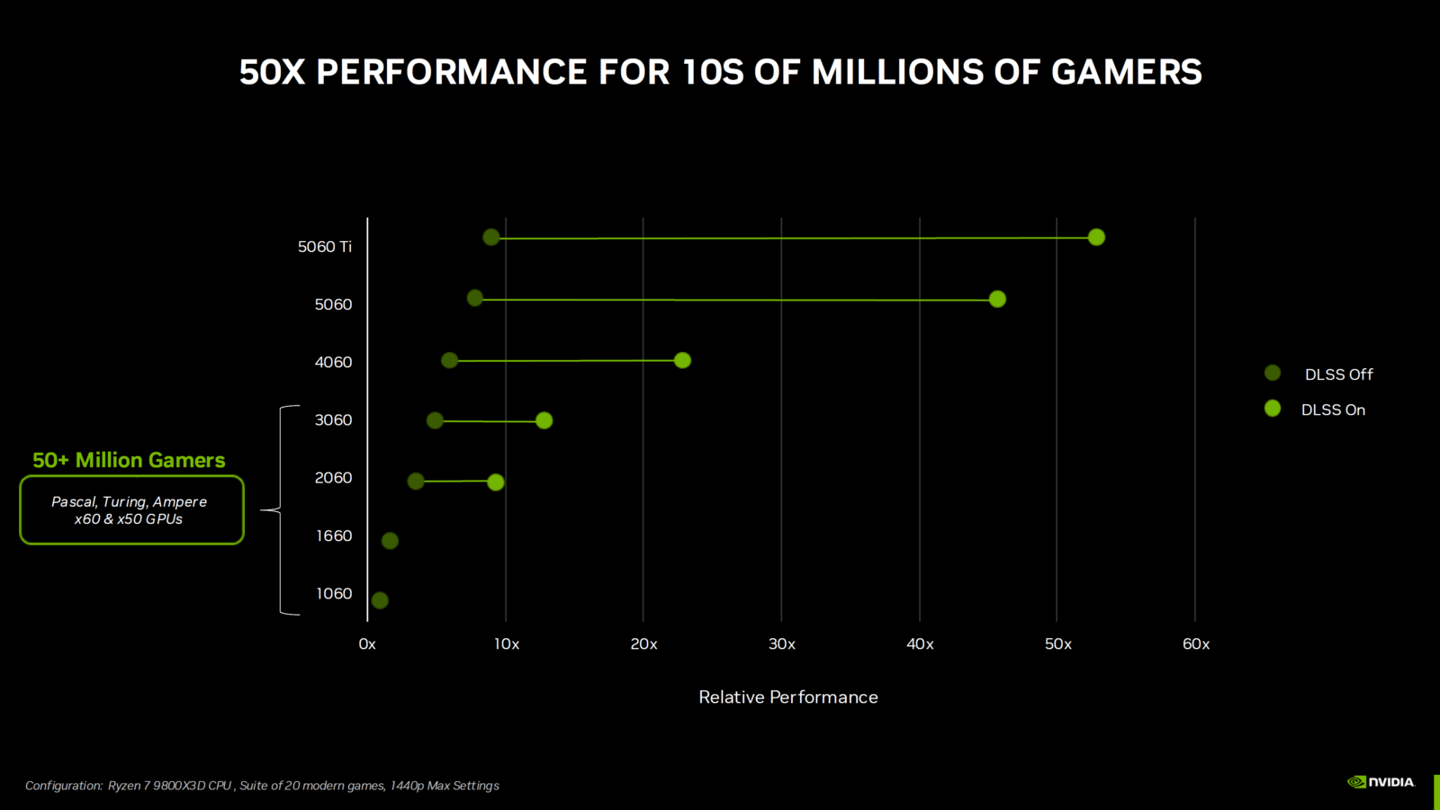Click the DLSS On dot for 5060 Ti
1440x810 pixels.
[x=1096, y=238]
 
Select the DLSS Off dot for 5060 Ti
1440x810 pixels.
[x=490, y=238]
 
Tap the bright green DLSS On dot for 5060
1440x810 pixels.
[x=997, y=299]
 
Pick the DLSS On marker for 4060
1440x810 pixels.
[x=682, y=360]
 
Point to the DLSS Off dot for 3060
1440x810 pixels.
[x=435, y=420]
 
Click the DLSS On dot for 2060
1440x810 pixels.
[x=495, y=482]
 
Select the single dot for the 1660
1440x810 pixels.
[x=390, y=541]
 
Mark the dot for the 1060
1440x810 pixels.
[x=380, y=600]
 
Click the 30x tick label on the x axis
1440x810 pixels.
[x=782, y=644]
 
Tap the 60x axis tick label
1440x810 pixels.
[x=1196, y=644]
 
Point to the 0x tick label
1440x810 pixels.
[x=367, y=644]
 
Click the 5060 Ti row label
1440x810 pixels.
[x=325, y=247]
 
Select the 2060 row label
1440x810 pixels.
[x=333, y=478]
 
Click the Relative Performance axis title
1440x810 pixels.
[x=788, y=697]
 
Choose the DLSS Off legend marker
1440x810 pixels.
[x=1273, y=373]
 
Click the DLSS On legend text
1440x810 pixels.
[x=1333, y=410]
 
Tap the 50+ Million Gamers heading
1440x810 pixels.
[x=129, y=461]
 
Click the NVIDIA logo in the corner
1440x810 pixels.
[x=1381, y=782]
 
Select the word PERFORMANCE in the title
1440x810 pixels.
[x=452, y=72]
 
